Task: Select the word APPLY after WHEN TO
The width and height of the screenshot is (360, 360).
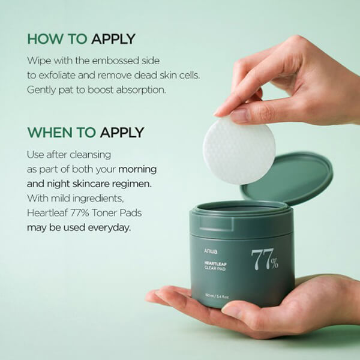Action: [x=122, y=133]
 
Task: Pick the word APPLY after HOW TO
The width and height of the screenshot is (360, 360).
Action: [x=113, y=39]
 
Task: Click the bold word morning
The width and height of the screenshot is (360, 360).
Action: [x=137, y=169]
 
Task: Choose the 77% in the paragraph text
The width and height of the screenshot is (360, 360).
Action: [x=80, y=213]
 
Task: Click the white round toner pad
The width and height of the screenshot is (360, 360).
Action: [x=239, y=151]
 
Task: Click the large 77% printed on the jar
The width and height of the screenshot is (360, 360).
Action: [x=265, y=259]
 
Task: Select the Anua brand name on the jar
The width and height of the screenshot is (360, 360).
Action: [x=211, y=251]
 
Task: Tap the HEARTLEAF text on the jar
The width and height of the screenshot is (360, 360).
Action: [x=215, y=264]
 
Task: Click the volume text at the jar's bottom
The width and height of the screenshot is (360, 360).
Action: [x=217, y=296]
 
